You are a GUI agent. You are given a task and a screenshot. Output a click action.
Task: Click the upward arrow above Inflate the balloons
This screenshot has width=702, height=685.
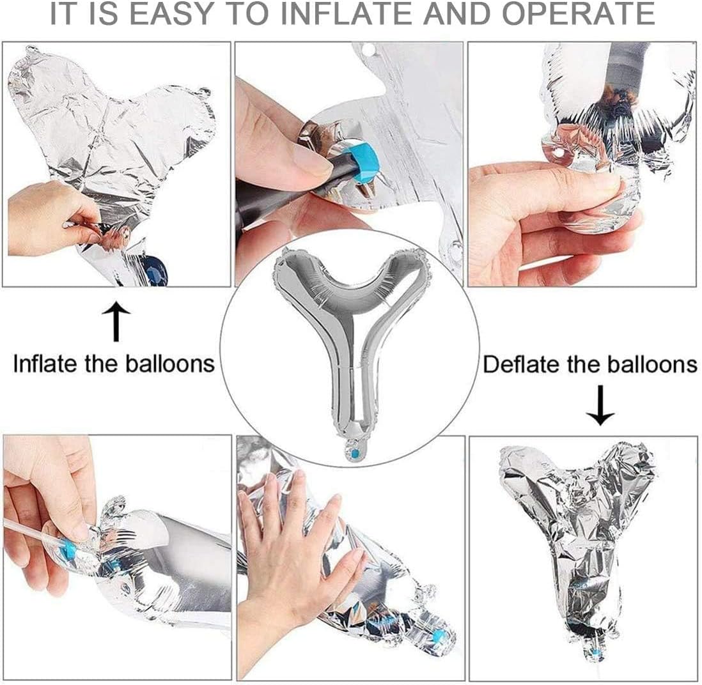coord(116,321)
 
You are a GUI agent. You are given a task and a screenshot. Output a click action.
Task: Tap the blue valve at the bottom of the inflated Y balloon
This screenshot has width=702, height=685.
coord(355,454)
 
